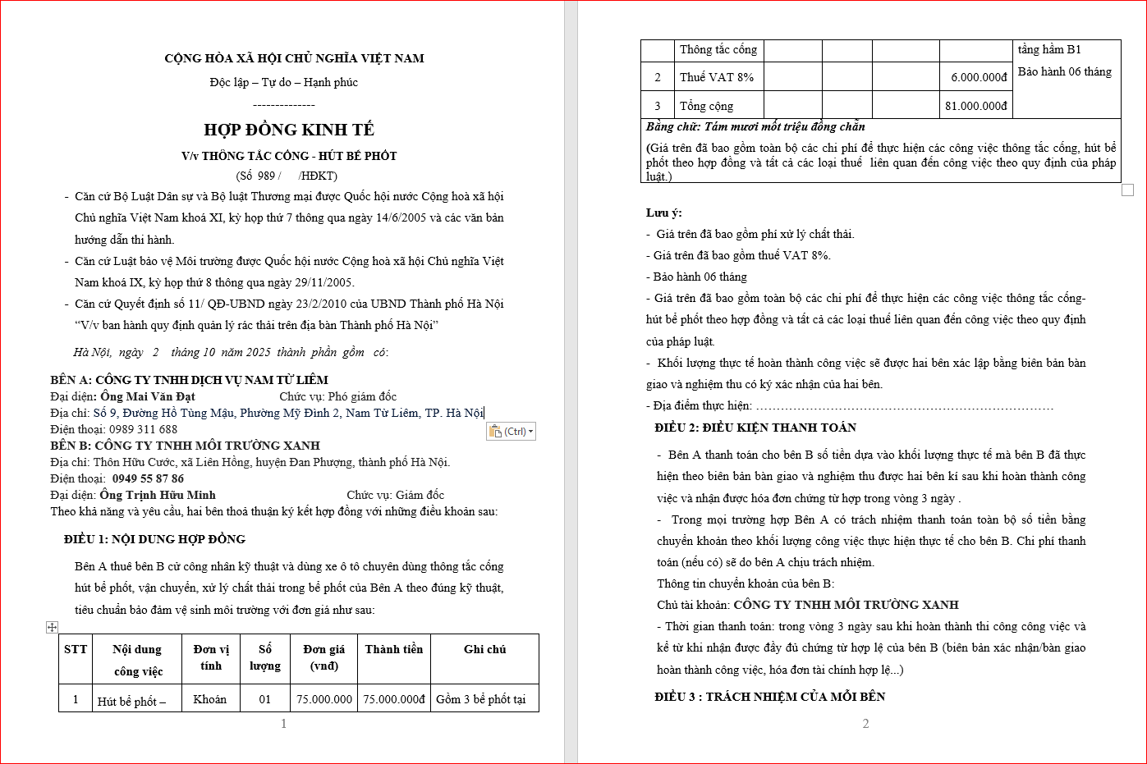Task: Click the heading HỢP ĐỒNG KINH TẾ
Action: [289, 130]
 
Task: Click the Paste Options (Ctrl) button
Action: [511, 432]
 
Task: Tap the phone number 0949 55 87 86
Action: [148, 478]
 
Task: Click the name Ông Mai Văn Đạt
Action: [148, 396]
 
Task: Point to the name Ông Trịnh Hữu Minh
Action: [158, 495]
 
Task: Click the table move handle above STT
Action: [52, 627]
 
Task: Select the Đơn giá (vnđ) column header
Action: [324, 657]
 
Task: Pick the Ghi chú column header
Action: [484, 649]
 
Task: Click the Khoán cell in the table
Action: [209, 699]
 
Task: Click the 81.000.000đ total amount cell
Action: [975, 106]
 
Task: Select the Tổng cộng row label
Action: [706, 106]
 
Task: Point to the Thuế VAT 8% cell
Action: [716, 77]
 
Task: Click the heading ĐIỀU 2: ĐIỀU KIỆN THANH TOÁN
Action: [755, 428]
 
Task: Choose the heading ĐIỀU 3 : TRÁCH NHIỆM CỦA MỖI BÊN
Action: [769, 697]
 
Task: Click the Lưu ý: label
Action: [663, 213]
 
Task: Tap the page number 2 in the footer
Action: [865, 723]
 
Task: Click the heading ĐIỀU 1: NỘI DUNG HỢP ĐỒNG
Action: [154, 539]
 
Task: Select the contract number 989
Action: [266, 176]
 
